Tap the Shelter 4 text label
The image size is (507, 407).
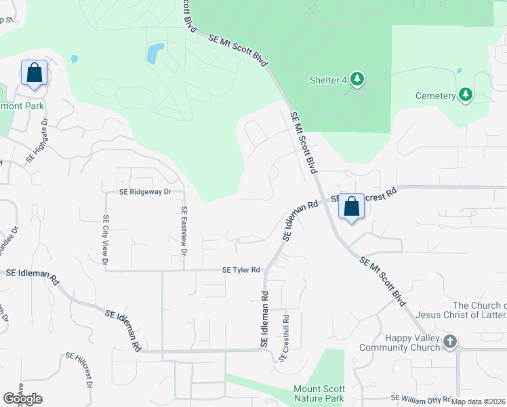coord(328,80)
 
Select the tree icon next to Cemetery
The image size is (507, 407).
coord(465,94)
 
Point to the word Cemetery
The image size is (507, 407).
coord(435,96)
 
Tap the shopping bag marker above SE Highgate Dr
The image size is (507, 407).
coord(34,73)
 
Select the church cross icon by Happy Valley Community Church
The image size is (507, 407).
coord(450,341)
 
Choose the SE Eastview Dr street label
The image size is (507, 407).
coord(184,231)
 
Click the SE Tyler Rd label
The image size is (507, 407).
coord(241,270)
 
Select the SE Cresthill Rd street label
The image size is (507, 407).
coord(286,336)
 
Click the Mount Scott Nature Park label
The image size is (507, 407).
coord(319,393)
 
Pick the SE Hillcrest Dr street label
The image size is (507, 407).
coord(79,369)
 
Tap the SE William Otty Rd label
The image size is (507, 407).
coord(422,398)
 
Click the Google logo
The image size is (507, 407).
coord(22,398)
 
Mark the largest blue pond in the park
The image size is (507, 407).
coord(155,52)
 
